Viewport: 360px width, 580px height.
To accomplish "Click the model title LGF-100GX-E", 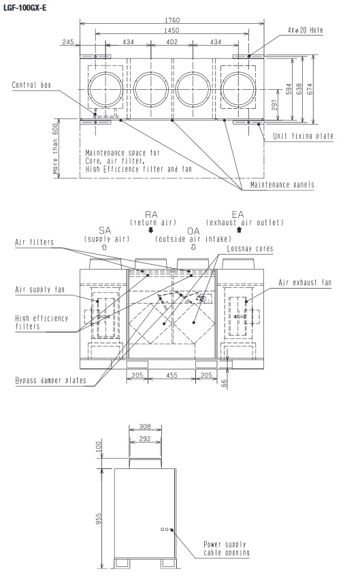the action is [24, 7].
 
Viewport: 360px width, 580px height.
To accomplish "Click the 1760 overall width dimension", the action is [172, 20].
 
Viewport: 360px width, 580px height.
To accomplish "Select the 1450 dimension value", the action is [171, 31].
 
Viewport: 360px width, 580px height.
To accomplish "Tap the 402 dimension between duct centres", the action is [172, 42].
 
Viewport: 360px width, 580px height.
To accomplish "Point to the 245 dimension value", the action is [68, 42].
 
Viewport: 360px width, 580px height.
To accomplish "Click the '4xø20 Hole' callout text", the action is [306, 31].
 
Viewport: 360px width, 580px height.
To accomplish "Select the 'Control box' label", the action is [31, 85].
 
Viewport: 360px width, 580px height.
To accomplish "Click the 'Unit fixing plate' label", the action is [303, 136].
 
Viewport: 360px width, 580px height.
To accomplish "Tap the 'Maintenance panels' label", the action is [282, 184].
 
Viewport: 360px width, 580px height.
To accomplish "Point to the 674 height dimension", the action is [310, 88].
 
